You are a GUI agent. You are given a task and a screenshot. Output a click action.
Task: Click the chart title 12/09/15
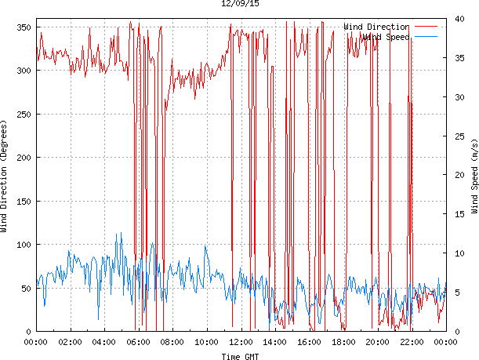point(241,5)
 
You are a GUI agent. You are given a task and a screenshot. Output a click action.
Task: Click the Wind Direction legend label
point(376,27)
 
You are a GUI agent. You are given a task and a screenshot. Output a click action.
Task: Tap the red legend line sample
point(428,27)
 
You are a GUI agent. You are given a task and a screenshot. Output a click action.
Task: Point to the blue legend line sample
point(428,37)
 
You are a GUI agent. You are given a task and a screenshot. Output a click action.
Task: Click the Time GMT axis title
point(241,356)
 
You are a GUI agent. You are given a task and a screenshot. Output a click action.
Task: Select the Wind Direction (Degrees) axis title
point(5,176)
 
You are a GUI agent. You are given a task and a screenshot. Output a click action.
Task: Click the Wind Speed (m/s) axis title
point(474,176)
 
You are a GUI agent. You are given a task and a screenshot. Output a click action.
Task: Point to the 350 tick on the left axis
point(23,27)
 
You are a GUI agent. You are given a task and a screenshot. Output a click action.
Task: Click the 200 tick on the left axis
point(23,158)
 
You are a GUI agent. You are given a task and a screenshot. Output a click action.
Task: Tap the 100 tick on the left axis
point(23,245)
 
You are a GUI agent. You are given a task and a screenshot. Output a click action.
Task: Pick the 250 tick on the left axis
point(23,115)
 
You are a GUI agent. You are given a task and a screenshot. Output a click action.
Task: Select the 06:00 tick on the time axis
point(138,342)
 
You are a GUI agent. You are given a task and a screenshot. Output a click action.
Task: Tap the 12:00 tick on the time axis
point(241,342)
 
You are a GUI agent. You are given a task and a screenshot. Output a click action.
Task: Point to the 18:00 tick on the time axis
point(343,342)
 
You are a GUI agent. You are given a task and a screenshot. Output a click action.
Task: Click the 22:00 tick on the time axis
point(412,342)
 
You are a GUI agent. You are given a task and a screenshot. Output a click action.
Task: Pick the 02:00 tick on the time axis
point(70,342)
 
